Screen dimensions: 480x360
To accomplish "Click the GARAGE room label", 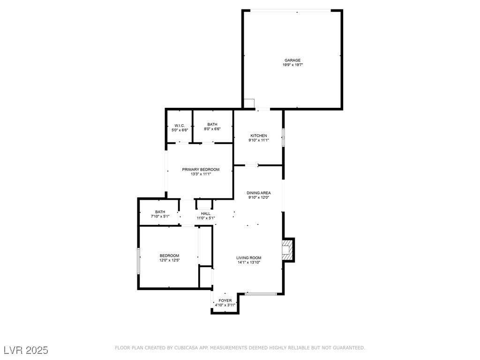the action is pos(292,60).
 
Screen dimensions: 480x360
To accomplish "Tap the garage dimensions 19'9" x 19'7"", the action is pos(292,65).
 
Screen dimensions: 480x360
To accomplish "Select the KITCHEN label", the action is pos(259,135).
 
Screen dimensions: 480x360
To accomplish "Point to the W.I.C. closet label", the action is pos(180,126).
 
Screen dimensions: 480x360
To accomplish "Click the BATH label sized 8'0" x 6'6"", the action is pos(212,124).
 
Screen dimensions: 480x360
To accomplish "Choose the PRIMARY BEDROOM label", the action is pos(201,170).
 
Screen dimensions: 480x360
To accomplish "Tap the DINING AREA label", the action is pos(259,193).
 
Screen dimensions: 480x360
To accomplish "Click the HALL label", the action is pos(206,213).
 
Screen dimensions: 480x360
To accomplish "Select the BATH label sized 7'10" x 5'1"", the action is pos(160,212).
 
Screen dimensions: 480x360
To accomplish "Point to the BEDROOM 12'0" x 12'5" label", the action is pos(169,255).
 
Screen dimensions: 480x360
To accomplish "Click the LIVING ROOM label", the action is pos(249,258).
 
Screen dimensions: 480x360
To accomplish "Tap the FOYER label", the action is pos(225,300).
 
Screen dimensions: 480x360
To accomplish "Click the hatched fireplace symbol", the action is pos(287,250).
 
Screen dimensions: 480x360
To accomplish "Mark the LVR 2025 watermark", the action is pos(26,350).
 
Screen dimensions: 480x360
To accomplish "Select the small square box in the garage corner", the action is pos(249,103).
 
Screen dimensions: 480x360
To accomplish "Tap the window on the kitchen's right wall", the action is pos(283,137).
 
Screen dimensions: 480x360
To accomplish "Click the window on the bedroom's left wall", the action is pos(138,261).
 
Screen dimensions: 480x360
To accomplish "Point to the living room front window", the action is pos(261,294).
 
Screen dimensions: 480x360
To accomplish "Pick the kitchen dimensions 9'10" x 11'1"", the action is pos(259,140).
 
